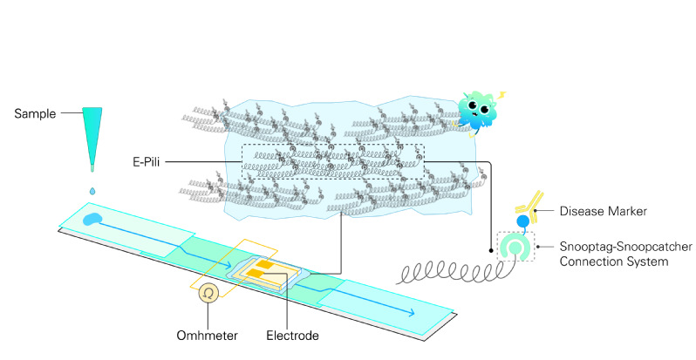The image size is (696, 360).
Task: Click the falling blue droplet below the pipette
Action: coord(93,190)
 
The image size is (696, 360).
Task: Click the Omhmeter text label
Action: coord(208,335)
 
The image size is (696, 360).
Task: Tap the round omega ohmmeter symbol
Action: coord(209,295)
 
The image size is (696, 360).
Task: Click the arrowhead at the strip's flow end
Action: coord(433,309)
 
